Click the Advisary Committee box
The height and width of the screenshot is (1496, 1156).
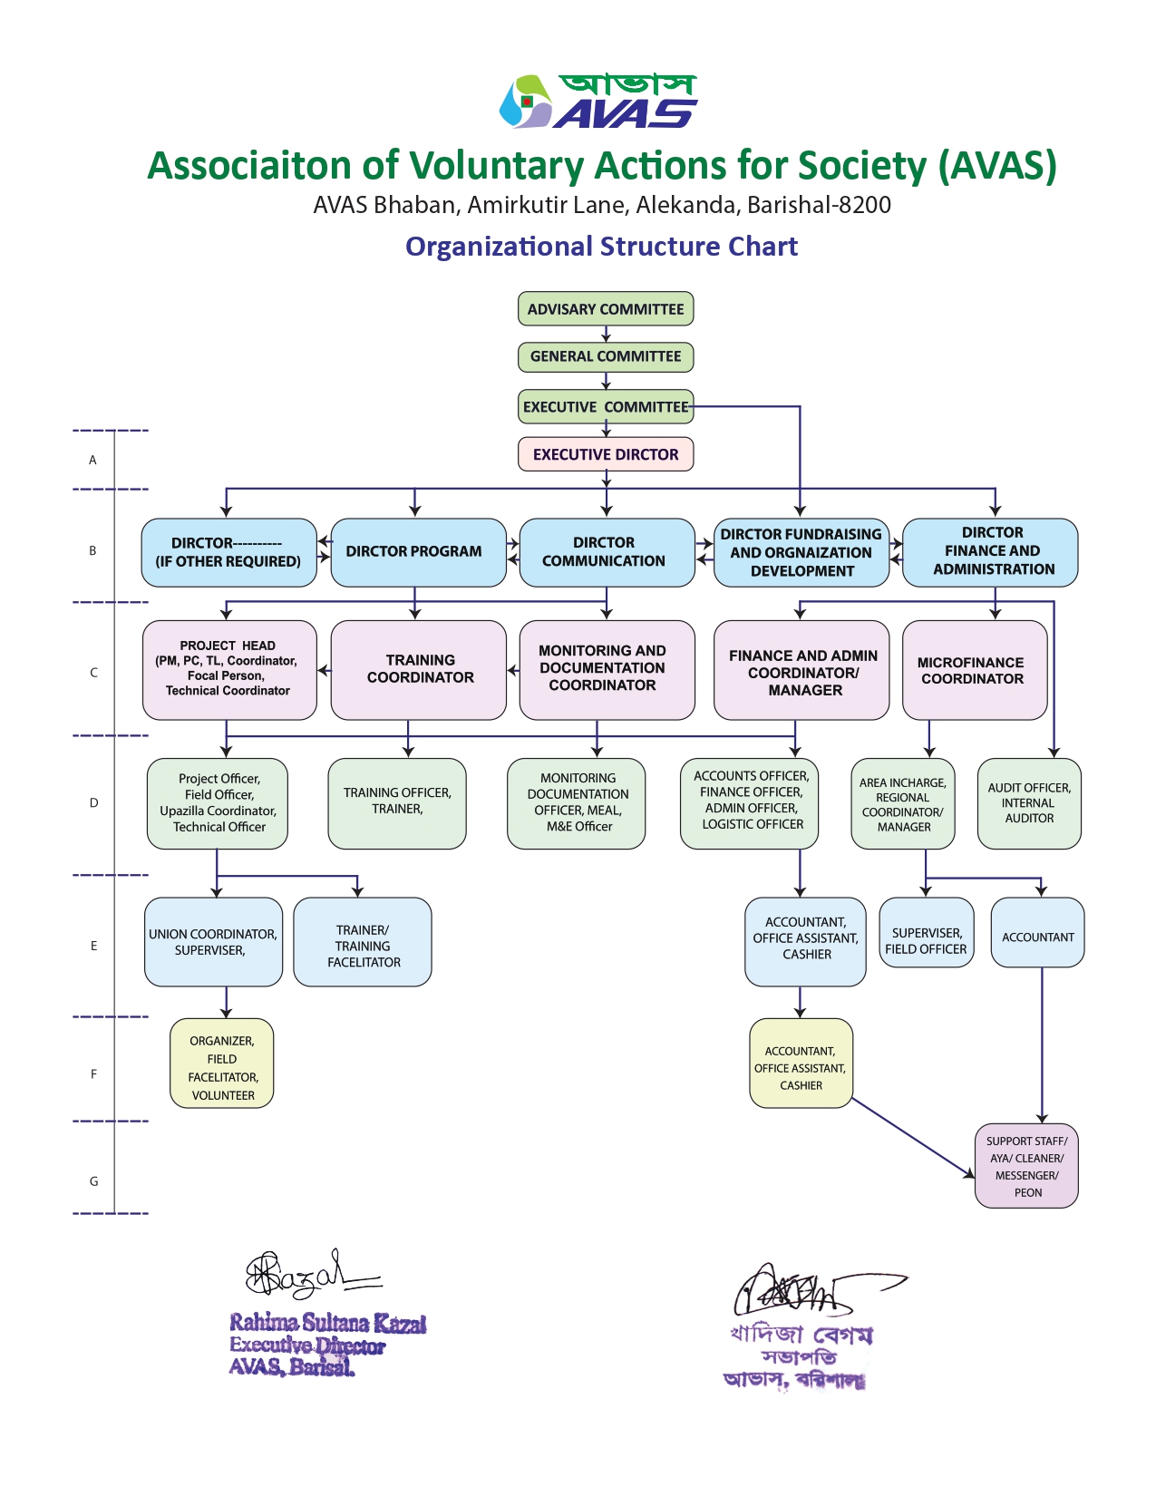606,309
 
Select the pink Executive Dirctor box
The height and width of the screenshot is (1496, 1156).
606,454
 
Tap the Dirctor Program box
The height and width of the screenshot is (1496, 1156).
414,551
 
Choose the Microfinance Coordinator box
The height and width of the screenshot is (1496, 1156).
975,670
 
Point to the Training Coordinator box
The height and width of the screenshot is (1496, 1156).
419,669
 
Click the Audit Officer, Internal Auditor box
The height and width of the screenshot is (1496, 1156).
1029,803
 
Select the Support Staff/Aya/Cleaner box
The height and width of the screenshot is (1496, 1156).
1026,1166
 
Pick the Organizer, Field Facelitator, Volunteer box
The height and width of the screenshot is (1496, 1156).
222,1064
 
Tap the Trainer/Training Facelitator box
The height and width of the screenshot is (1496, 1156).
363,942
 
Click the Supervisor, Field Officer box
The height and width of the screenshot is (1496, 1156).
926,933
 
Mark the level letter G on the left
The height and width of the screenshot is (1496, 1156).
93,1180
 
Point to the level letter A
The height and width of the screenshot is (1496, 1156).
92,460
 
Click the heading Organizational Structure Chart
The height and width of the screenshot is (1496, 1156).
601,247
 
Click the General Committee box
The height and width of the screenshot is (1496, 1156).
606,356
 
